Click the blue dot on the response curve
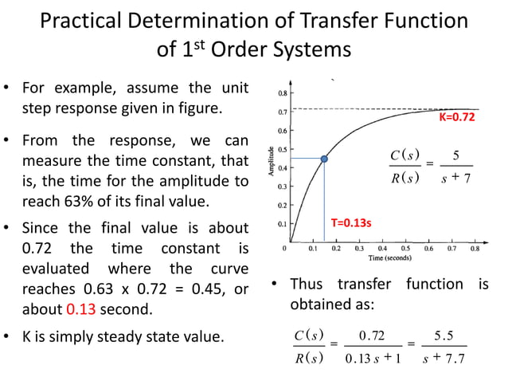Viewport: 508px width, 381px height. pos(324,159)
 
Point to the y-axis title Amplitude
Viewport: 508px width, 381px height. pos(272,162)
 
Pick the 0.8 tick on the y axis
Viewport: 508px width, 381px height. pos(283,93)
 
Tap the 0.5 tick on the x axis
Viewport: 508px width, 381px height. pos(406,249)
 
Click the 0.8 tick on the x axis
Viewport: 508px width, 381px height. pos(475,249)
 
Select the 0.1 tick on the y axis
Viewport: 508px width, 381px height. pos(283,225)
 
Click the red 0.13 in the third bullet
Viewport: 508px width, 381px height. pos(80,309)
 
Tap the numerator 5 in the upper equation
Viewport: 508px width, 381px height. pos(455,154)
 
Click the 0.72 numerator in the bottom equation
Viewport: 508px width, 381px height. pos(371,333)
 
